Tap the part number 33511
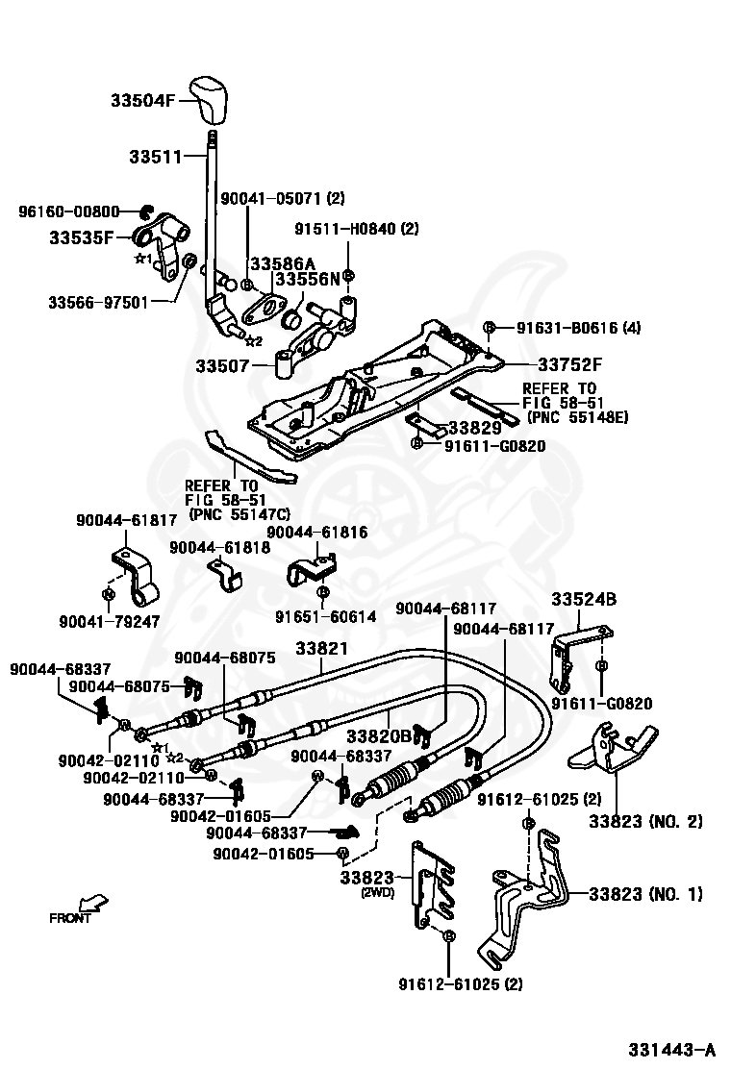[x=156, y=157]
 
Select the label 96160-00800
[x=69, y=212]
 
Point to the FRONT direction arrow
[x=92, y=903]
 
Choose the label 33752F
[x=570, y=364]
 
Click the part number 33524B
[x=584, y=599]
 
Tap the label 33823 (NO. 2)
[x=645, y=821]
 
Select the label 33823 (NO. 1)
[x=645, y=894]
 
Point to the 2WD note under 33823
[x=378, y=892]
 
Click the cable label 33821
[x=322, y=648]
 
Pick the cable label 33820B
[x=378, y=736]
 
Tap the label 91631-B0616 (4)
[x=578, y=328]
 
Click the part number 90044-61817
[x=127, y=520]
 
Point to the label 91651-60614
[x=326, y=616]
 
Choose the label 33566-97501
[x=98, y=302]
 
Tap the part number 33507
[x=222, y=366]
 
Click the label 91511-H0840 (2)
[x=357, y=229]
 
